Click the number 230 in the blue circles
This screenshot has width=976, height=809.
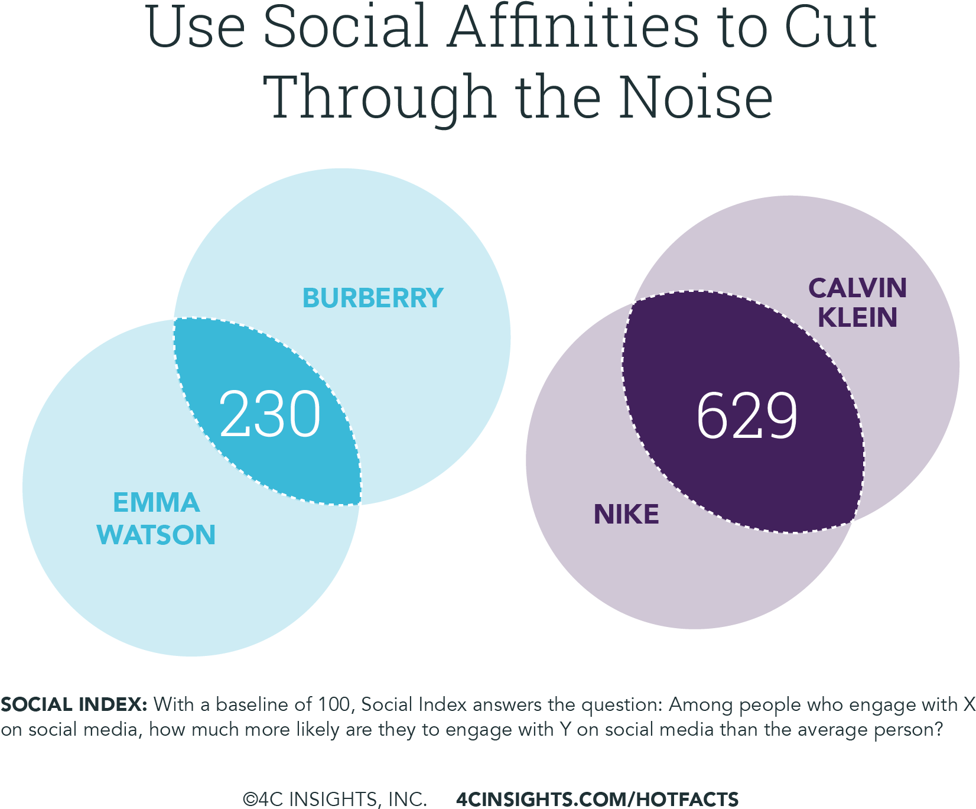[x=269, y=414]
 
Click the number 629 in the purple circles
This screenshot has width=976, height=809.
[x=747, y=417]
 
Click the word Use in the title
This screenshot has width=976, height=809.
[x=195, y=28]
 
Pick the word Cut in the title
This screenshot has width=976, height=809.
[x=831, y=28]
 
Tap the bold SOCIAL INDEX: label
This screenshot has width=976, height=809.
[x=74, y=704]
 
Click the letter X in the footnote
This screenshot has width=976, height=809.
[x=969, y=704]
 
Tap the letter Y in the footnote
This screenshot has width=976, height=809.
[x=565, y=730]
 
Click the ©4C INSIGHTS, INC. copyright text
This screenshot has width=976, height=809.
[x=334, y=799]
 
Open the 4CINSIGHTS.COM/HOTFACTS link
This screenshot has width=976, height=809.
[x=597, y=799]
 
